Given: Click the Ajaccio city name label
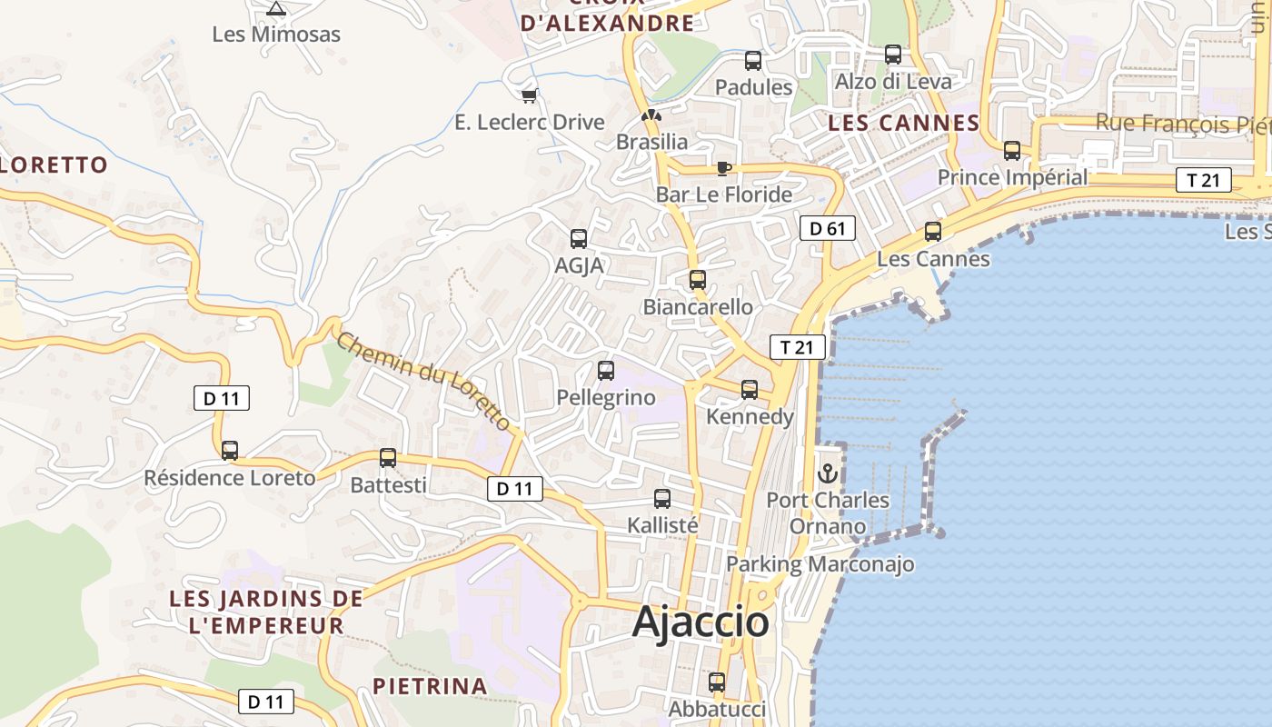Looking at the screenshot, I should coord(701,622).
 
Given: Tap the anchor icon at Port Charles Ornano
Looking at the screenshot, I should coord(828,473).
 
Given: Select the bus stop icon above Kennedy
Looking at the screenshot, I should coord(750,389).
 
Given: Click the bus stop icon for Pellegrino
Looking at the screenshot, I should coord(606,370).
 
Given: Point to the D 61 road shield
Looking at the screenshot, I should coord(828,228).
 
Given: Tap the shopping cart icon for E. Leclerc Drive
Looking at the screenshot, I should coord(530,95).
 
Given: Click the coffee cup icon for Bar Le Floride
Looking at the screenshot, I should coord(723,168).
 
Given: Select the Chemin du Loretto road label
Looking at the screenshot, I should coord(423,381).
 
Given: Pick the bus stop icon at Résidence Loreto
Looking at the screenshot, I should coord(230,450).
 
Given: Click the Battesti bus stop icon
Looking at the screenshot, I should coord(388,457).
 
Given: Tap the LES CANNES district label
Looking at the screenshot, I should coord(903,123).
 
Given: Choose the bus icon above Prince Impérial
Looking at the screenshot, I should coord(1011,150).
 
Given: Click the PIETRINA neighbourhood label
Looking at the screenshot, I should coord(430,686).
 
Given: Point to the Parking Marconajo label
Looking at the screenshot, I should coord(820,564).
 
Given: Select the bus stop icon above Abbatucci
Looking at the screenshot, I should coord(717,682).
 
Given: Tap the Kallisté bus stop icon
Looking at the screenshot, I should coord(662,498).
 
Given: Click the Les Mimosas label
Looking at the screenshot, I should coord(276,35).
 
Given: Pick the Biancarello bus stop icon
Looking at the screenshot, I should coord(698,279).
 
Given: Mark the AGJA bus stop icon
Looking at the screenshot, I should coord(579,238).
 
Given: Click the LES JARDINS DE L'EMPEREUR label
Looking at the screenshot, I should coord(266,612).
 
